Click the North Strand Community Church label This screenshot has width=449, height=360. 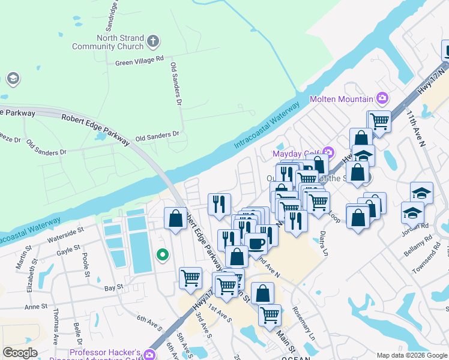(x=108, y=41)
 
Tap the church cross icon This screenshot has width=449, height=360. (x=153, y=41)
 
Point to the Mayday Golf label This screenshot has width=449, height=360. (x=297, y=154)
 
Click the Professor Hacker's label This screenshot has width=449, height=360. (x=105, y=352)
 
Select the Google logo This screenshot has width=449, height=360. (x=20, y=353)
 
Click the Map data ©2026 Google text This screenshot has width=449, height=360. (x=411, y=355)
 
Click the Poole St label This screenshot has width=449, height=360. (x=85, y=262)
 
